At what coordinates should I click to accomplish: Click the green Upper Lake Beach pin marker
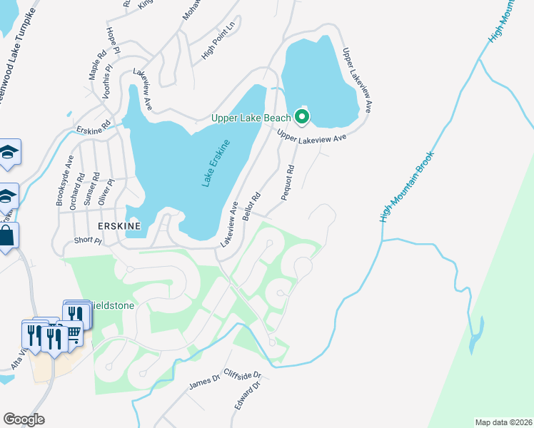302,116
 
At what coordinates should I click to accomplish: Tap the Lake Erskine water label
216,164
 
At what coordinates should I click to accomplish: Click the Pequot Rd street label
288,183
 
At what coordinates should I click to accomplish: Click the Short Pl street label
88,241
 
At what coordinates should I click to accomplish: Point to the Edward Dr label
244,395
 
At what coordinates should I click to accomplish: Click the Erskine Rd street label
94,126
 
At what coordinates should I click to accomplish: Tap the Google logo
24,419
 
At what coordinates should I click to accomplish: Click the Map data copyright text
504,422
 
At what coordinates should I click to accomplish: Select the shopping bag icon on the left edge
7,236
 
